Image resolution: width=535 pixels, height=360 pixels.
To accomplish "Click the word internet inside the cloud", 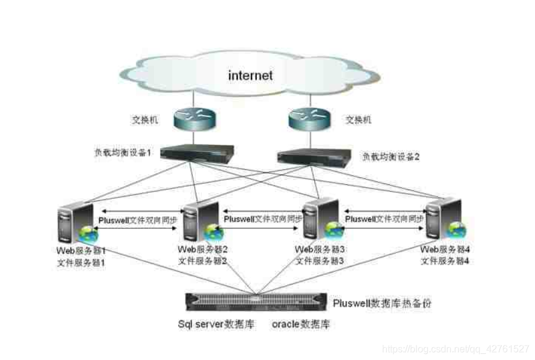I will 250,76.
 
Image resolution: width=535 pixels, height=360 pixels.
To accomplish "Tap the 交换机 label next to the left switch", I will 145,120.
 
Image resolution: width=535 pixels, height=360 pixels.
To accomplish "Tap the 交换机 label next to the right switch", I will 358,120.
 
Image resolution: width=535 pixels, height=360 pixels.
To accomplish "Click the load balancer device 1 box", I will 198,153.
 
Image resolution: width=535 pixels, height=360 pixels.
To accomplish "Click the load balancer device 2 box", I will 313,156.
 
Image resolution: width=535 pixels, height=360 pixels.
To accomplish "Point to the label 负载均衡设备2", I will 391,156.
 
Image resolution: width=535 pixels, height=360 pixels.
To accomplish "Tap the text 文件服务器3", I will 320,261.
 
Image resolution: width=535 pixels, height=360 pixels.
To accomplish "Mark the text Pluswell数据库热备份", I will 383,303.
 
